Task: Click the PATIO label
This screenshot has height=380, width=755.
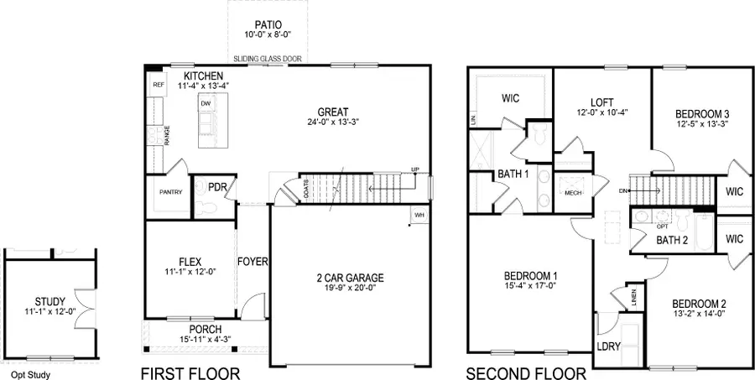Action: (x=269, y=24)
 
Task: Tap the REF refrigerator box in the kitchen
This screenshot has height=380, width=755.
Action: (x=156, y=85)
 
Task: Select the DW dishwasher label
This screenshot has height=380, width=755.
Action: (x=206, y=104)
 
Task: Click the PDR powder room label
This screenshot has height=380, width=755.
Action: (x=218, y=187)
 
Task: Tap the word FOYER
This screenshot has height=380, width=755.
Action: (x=252, y=262)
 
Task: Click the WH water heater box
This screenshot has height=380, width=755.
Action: (x=418, y=216)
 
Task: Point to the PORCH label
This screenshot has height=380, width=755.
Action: (x=206, y=329)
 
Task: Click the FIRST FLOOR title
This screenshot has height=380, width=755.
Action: (x=190, y=372)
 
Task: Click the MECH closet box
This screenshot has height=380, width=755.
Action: (x=574, y=192)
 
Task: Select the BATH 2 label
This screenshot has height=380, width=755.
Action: (x=672, y=241)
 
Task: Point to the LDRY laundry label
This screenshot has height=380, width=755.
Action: (x=607, y=346)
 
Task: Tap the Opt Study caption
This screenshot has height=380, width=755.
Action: (x=26, y=375)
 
